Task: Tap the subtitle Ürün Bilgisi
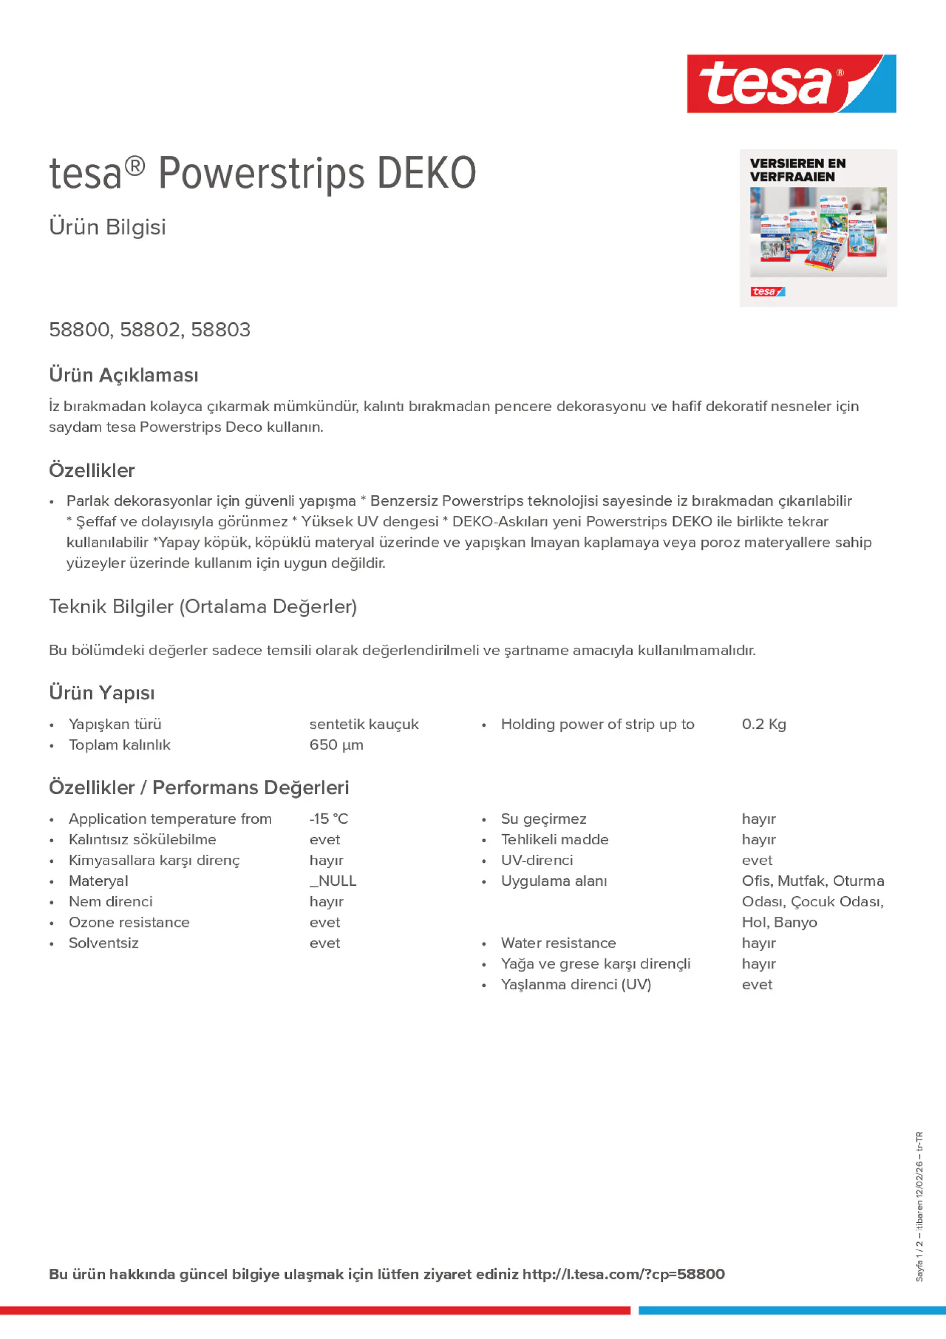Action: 107,227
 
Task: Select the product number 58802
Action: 150,329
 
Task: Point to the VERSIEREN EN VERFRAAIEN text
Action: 797,170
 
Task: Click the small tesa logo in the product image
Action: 767,292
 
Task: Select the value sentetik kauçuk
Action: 363,724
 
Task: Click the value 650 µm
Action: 336,745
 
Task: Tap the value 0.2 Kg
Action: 764,724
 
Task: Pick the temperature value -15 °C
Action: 328,819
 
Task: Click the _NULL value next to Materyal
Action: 332,881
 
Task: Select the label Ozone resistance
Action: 129,922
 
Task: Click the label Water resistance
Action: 557,943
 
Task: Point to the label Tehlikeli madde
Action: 554,839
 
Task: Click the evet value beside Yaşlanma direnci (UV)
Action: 756,985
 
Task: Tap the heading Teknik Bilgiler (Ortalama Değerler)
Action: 203,607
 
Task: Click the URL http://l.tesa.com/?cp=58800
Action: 623,1274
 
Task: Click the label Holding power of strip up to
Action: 597,724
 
